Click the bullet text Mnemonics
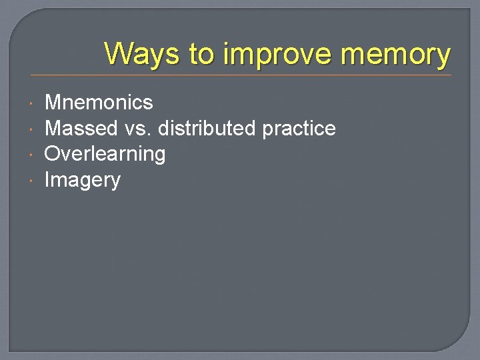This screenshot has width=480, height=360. point(99,103)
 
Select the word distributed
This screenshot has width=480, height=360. point(207,128)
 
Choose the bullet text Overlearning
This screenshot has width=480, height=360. point(105,154)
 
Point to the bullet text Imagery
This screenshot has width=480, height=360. point(82,180)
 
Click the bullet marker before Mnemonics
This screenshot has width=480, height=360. point(33,103)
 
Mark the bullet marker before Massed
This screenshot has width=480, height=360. point(33,129)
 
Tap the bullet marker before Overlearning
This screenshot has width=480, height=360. point(33,155)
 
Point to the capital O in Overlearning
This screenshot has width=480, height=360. point(52,154)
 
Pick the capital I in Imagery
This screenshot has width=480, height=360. point(47,179)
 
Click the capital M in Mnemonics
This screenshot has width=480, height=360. point(53,103)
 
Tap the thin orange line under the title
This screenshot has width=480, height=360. point(240,75)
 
